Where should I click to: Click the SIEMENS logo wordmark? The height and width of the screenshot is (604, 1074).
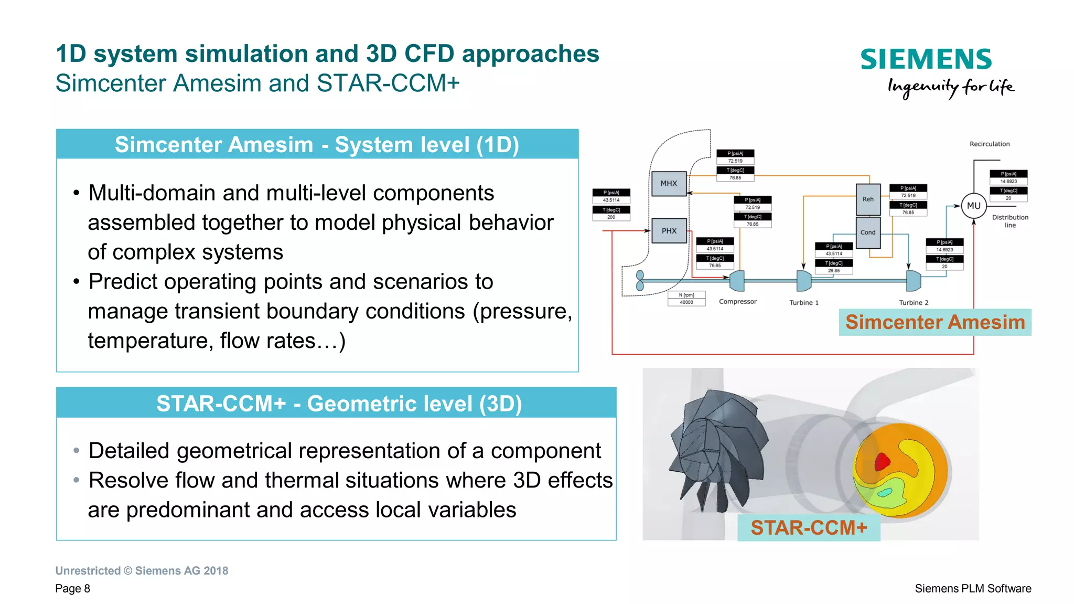[926, 59]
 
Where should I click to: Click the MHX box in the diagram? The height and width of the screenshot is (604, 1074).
[669, 184]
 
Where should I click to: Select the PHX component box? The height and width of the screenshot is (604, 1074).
[669, 231]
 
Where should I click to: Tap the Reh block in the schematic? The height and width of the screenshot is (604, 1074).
[868, 199]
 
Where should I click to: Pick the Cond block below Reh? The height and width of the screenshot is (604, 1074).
[868, 232]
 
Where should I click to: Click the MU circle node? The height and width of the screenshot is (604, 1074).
[973, 206]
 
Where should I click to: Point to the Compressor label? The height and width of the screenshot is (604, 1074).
[737, 302]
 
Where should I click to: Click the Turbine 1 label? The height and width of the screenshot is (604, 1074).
[803, 303]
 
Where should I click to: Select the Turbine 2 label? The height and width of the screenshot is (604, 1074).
[914, 303]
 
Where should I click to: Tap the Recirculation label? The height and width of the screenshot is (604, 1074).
[989, 144]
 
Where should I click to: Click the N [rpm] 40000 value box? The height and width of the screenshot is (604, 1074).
[686, 299]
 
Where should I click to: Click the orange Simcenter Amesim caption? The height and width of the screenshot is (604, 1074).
[935, 322]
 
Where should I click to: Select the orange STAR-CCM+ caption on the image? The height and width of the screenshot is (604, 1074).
[809, 528]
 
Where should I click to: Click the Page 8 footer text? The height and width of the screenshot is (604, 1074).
[72, 589]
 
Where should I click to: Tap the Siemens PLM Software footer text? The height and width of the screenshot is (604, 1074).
[972, 589]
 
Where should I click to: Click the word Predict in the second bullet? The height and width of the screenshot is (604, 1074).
[123, 282]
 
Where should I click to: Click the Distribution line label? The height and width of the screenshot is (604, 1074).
[1009, 221]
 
